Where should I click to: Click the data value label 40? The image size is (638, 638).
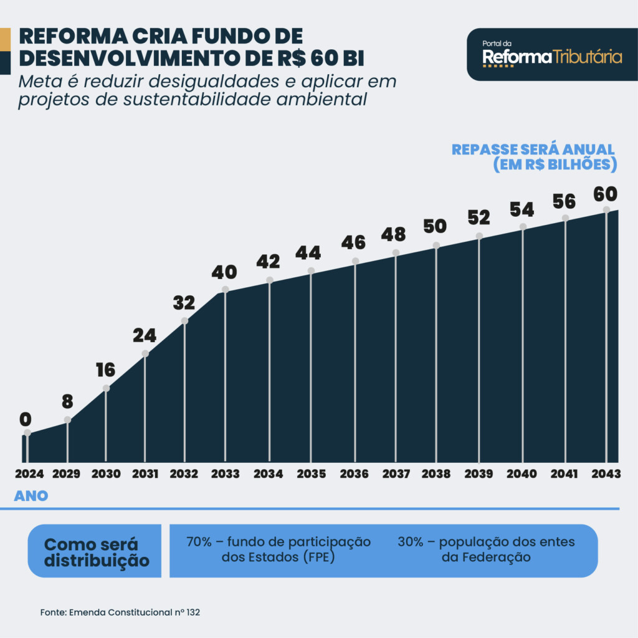(224, 272)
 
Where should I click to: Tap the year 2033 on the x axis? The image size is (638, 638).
(225, 474)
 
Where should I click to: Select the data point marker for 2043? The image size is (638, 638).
(606, 209)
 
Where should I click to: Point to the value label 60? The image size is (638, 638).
(605, 194)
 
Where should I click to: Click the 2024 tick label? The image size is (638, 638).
(29, 474)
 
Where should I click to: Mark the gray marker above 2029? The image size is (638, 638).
(67, 419)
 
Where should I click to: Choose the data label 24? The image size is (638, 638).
(145, 336)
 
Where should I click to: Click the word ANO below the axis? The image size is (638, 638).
(31, 497)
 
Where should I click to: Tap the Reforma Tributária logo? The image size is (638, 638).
(552, 55)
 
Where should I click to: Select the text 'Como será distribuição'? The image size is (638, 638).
(97, 551)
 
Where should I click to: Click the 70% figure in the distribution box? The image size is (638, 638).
(199, 542)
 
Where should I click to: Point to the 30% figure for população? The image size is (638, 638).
(411, 542)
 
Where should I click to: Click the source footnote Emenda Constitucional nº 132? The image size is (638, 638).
(120, 612)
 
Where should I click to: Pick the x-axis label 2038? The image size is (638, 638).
(436, 474)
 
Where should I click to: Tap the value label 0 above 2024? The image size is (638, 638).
(26, 419)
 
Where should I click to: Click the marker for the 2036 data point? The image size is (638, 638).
(355, 261)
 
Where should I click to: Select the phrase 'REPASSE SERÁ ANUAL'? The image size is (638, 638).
(533, 150)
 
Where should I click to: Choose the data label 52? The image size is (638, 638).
(478, 217)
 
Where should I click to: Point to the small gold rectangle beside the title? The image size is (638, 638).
(5, 39)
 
